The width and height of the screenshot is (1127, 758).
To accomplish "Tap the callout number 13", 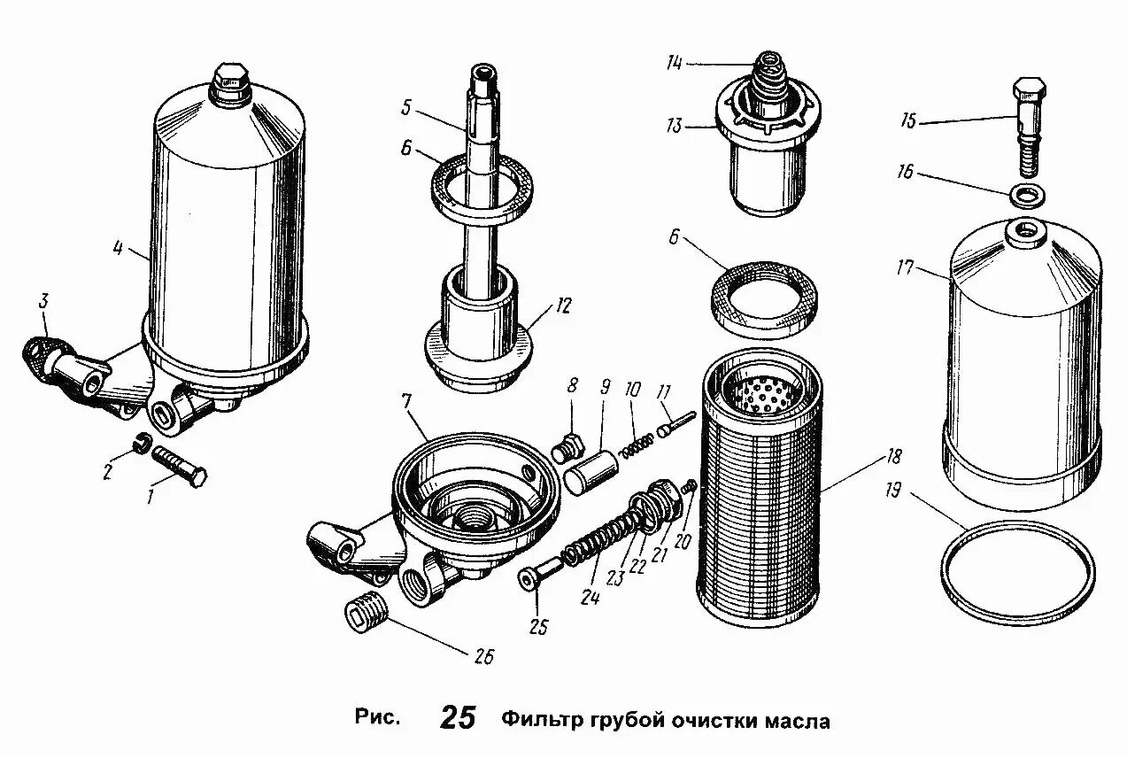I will pyautogui.click(x=674, y=127).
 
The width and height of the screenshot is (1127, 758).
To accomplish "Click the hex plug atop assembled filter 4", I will pyautogui.click(x=230, y=81).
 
